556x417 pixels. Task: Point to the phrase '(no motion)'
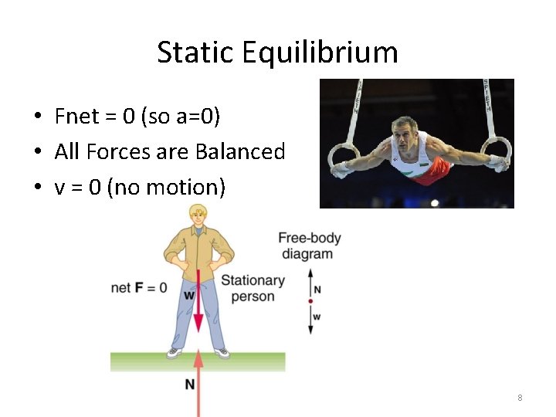[166, 187]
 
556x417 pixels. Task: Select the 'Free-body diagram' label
[309, 246]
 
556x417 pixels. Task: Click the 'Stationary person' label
[253, 288]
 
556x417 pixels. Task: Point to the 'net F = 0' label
[139, 288]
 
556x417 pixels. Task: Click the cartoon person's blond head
[198, 215]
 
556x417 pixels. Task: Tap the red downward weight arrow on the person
[198, 301]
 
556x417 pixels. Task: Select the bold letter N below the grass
[189, 385]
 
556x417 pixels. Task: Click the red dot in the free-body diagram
[310, 301]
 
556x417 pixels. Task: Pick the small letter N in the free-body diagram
[318, 290]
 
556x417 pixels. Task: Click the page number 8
[520, 398]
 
